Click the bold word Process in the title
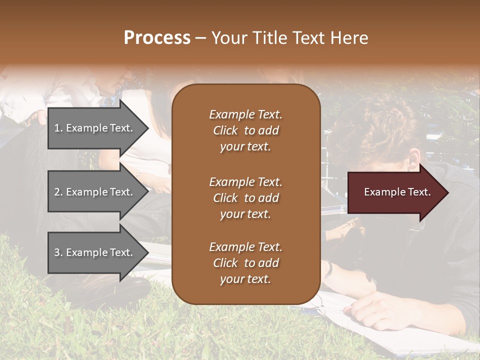(157, 38)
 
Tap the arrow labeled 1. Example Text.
(95, 128)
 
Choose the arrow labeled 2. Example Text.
(95, 192)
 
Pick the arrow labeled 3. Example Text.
(95, 252)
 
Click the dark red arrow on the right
(395, 192)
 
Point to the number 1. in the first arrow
(58, 128)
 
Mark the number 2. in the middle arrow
(58, 192)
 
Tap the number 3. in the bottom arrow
(58, 252)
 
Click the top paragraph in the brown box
(245, 130)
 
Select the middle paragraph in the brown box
(245, 198)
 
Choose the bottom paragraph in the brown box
(245, 263)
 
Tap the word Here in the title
(349, 38)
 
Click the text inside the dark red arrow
(397, 192)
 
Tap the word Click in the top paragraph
(225, 130)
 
